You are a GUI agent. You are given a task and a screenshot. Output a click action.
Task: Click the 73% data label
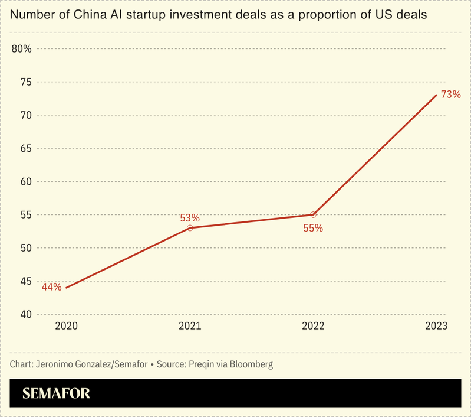tap(451, 94)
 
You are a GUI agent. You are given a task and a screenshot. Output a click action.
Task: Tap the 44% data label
tap(52, 287)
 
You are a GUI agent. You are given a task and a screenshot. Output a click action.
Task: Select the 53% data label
tap(190, 218)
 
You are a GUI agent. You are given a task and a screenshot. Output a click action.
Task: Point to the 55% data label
tap(313, 227)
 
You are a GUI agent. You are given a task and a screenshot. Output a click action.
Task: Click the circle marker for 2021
tap(190, 228)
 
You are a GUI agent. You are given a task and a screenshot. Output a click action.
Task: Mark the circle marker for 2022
tap(313, 214)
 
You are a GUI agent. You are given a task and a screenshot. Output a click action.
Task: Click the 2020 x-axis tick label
tap(66, 325)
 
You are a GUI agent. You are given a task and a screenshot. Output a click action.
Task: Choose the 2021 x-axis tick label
tap(190, 325)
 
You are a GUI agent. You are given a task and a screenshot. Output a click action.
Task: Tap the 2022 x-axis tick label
tap(313, 325)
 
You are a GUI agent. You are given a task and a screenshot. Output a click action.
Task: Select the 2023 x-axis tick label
tap(436, 325)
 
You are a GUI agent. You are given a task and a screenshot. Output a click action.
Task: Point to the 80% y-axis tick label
tap(21, 48)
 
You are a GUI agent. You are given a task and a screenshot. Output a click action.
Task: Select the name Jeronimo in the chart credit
tap(57, 364)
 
